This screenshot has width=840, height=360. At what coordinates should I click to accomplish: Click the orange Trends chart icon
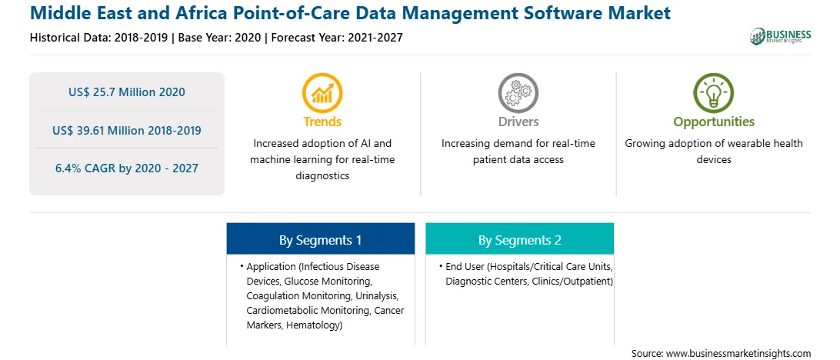pyautogui.click(x=322, y=92)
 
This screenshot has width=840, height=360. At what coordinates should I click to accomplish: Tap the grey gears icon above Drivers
pyautogui.click(x=518, y=92)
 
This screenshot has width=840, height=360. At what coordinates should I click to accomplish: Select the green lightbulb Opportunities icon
pyautogui.click(x=714, y=92)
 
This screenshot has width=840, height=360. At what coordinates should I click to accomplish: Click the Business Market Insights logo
pyautogui.click(x=781, y=36)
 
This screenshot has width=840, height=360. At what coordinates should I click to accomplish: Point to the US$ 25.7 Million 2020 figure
pyautogui.click(x=127, y=92)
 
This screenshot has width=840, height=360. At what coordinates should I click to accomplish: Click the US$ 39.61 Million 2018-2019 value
pyautogui.click(x=127, y=130)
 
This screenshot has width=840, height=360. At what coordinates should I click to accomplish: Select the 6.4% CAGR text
pyautogui.click(x=127, y=168)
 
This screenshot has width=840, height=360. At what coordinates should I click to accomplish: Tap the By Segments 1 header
pyautogui.click(x=320, y=240)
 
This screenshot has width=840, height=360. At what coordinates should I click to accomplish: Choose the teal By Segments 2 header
pyautogui.click(x=520, y=240)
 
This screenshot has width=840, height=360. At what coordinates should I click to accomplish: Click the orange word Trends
pyautogui.click(x=322, y=122)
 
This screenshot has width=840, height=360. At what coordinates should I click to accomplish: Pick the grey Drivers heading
pyautogui.click(x=518, y=122)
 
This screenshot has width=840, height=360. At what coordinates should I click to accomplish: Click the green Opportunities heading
pyautogui.click(x=714, y=122)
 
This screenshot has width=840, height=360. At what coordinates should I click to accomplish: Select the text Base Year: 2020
pyautogui.click(x=220, y=38)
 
